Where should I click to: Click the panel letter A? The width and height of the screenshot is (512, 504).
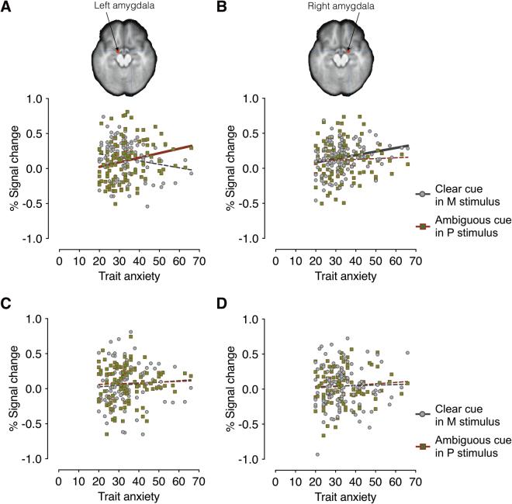point(7,9)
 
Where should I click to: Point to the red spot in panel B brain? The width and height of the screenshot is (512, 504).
point(349,50)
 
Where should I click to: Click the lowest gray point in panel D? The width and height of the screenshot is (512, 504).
point(317,454)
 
